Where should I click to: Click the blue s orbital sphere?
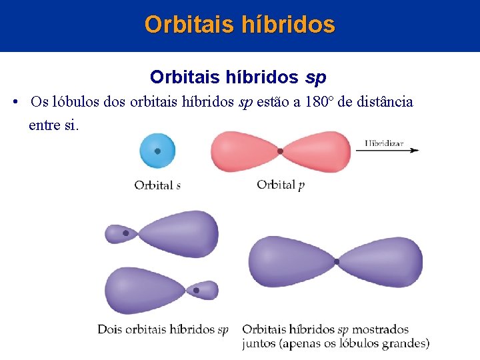click(x=157, y=151)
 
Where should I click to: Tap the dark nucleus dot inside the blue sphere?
click(x=157, y=151)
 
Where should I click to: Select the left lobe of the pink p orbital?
click(x=243, y=151)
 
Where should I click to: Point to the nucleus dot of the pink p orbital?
click(x=280, y=151)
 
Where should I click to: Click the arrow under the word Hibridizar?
click(x=387, y=151)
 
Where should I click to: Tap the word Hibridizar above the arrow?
click(x=385, y=142)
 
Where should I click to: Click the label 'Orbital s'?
click(x=157, y=185)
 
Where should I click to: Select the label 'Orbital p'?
click(x=281, y=185)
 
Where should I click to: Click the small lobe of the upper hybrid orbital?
click(x=120, y=233)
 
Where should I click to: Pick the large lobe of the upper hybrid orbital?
click(x=180, y=233)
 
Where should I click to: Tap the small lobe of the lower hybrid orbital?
click(x=202, y=290)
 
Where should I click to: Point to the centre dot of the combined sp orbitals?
click(x=337, y=261)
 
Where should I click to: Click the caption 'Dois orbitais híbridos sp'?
click(x=163, y=329)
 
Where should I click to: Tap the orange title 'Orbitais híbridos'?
click(x=240, y=25)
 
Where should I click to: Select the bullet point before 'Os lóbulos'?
click(x=15, y=102)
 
